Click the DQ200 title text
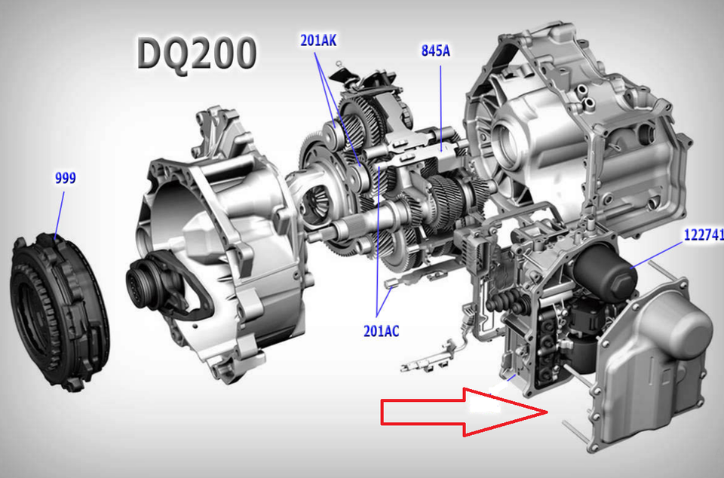pos(196,54)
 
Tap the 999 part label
pos(65,178)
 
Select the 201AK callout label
pos(318,41)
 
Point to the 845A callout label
pos(435,51)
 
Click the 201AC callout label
pos(382,331)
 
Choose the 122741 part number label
pos(704,234)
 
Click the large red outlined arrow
pos(464,412)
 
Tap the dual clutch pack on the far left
pos(59,312)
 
